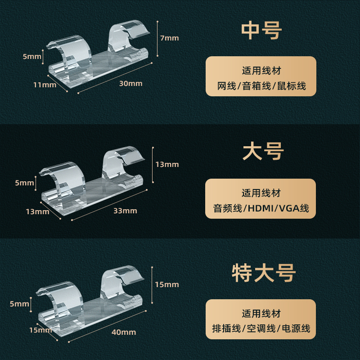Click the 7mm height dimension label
pyautogui.click(x=170, y=38)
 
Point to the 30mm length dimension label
pyautogui.click(x=131, y=83)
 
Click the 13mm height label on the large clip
pyautogui.click(x=167, y=164)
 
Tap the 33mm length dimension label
pyautogui.click(x=126, y=211)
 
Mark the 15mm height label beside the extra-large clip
pyautogui.click(x=167, y=284)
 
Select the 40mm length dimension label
pyautogui.click(x=125, y=332)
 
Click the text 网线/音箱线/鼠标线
pyautogui.click(x=261, y=86)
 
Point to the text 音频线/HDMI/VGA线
pyautogui.click(x=261, y=208)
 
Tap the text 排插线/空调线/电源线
pyautogui.click(x=261, y=329)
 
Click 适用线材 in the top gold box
pyautogui.click(x=261, y=71)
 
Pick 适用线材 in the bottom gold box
pyautogui.click(x=261, y=314)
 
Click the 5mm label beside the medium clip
pyautogui.click(x=31, y=56)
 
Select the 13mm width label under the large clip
pyautogui.click(x=37, y=211)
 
